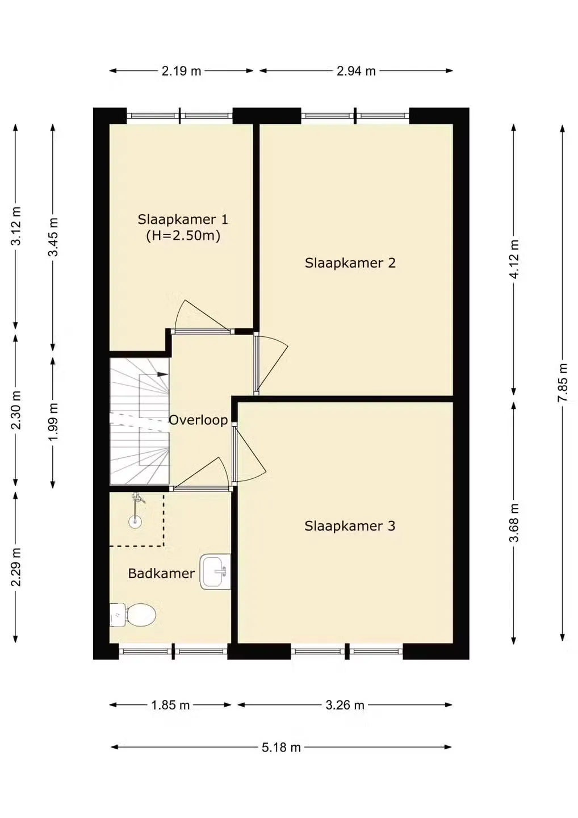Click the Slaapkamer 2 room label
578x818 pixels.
coord(350,263)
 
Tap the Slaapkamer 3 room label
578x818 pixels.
coord(350,526)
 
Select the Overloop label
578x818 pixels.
coord(198,420)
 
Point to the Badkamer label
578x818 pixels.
coord(161,573)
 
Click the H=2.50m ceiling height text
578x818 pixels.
coord(183,236)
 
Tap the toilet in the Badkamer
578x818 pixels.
coord(133,615)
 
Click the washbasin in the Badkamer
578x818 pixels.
coord(215,571)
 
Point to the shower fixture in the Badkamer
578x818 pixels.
coord(136,510)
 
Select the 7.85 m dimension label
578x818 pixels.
coord(562,383)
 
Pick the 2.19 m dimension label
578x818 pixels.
coord(181,71)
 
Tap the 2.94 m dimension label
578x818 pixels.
coord(356,71)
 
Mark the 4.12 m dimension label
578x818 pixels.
coord(514,259)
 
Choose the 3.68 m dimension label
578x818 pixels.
coord(514,523)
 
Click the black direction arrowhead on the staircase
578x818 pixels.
coord(163,374)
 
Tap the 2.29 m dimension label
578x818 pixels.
coord(15,567)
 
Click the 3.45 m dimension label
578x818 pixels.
coord(53,237)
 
